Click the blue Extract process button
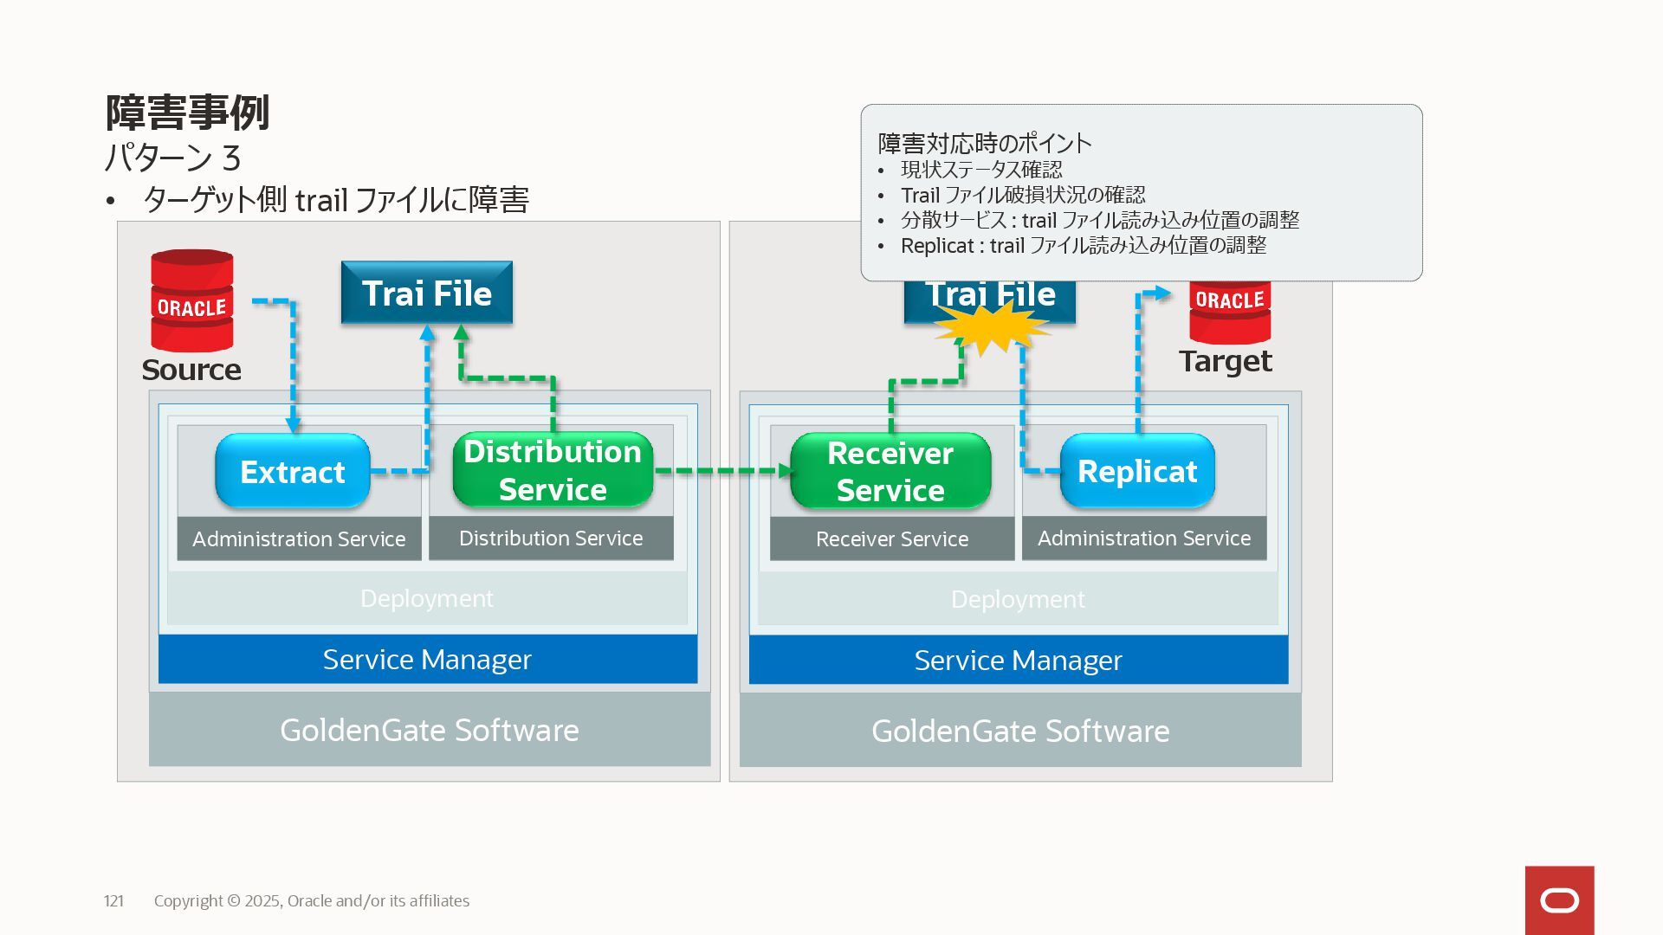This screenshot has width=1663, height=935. pyautogui.click(x=293, y=471)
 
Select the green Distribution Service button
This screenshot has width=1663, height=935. pyautogui.click(x=553, y=470)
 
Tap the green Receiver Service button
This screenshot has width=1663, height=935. pyautogui.click(x=890, y=471)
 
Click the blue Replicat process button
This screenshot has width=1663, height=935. pyautogui.click(x=1137, y=471)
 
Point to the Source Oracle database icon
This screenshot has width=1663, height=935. pyautogui.click(x=191, y=300)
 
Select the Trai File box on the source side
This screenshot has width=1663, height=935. pyautogui.click(x=427, y=293)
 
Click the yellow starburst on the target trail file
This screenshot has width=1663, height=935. pyautogui.click(x=991, y=328)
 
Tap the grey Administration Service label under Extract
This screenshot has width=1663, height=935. pyautogui.click(x=299, y=538)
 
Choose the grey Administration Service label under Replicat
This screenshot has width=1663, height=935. pyautogui.click(x=1144, y=538)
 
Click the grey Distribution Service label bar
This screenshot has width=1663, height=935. pyautogui.click(x=551, y=538)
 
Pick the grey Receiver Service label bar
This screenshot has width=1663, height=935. pyautogui.click(x=892, y=538)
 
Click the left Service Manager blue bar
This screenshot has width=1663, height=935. pyautogui.click(x=428, y=659)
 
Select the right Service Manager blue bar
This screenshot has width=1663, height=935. pyautogui.click(x=1019, y=660)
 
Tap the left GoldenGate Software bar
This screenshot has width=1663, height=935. pyautogui.click(x=430, y=730)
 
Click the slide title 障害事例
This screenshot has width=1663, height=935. pyautogui.click(x=187, y=113)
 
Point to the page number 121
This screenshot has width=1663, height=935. pyautogui.click(x=113, y=900)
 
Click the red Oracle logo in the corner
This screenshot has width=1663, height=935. pyautogui.click(x=1559, y=900)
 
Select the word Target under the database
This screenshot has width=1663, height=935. pyautogui.click(x=1226, y=361)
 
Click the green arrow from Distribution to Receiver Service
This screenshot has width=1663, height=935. pyautogui.click(x=723, y=471)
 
